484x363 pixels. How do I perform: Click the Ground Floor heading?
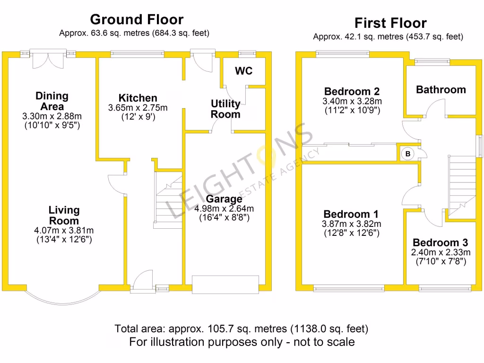tap(137, 19)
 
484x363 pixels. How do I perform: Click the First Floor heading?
tap(390, 23)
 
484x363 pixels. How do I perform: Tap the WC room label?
tap(244, 71)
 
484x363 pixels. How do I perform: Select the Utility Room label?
tap(225, 109)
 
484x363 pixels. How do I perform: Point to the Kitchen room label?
tap(138, 98)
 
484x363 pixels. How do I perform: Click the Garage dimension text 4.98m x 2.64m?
tap(225, 209)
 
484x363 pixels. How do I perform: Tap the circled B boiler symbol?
tap(407, 154)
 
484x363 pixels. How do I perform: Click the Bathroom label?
tap(441, 90)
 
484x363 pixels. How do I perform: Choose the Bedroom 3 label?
tap(440, 243)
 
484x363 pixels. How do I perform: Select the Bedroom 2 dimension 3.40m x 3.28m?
tap(352, 102)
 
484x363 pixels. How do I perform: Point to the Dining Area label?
tap(52, 101)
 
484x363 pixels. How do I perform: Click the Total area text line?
tap(241, 328)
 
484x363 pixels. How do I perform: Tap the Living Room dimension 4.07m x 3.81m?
tap(64, 231)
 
